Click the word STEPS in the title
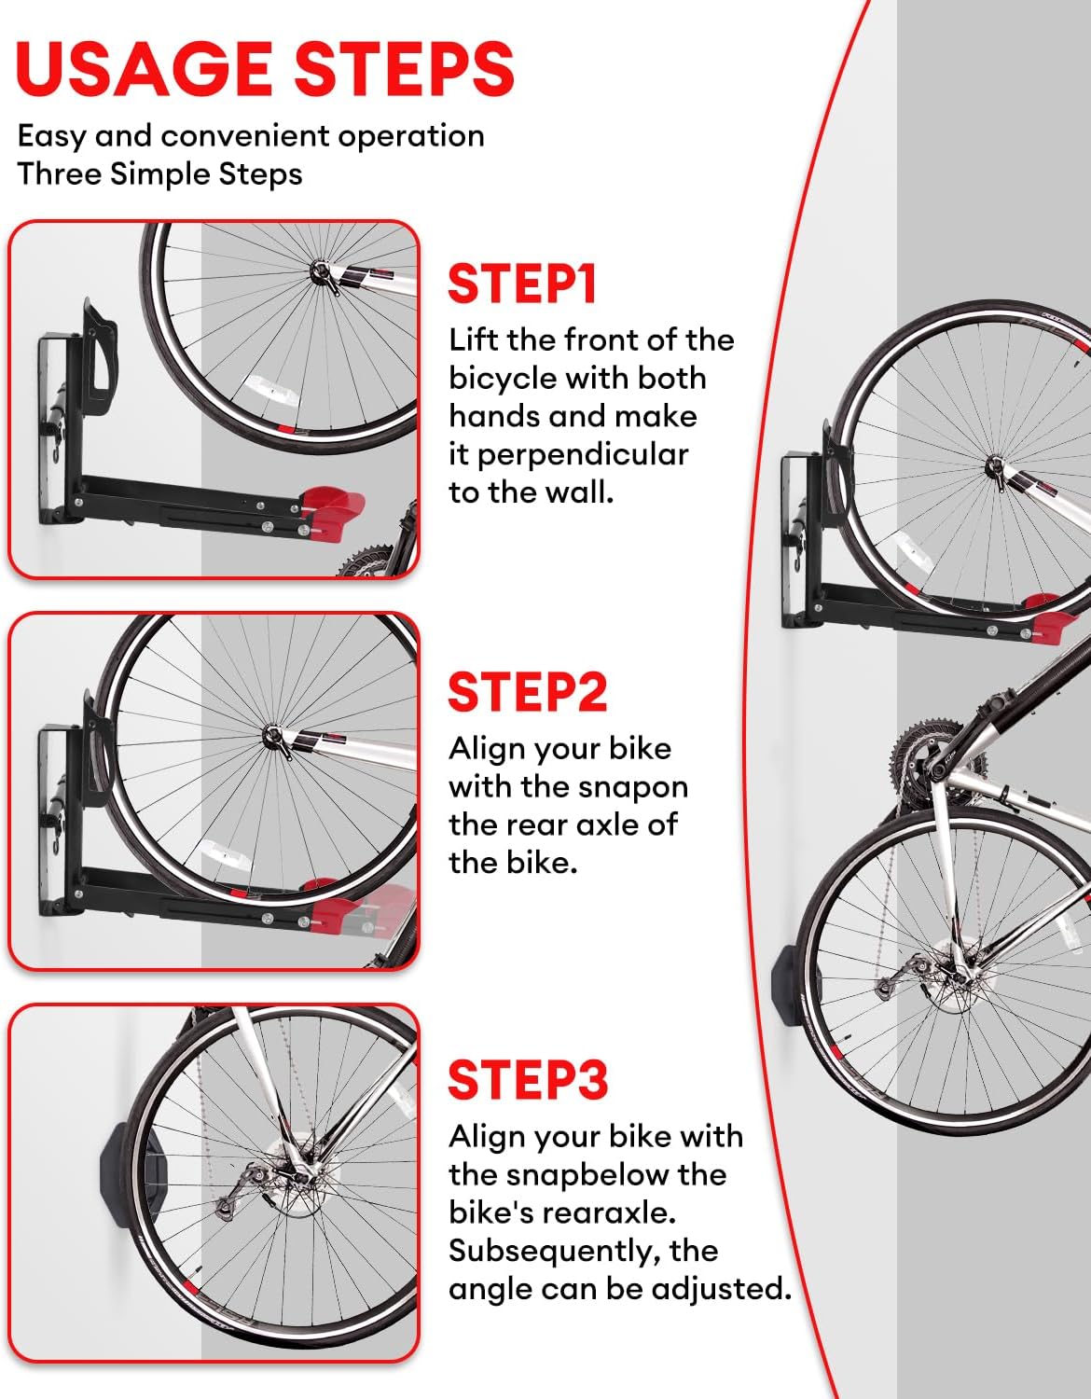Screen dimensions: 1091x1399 (x=404, y=69)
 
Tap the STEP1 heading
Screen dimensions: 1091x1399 (x=522, y=284)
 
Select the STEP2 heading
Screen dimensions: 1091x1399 (x=528, y=692)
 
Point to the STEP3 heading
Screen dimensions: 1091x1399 (x=528, y=1080)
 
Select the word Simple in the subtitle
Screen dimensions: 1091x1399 (x=161, y=173)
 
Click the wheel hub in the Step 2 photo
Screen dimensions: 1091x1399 (x=273, y=736)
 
